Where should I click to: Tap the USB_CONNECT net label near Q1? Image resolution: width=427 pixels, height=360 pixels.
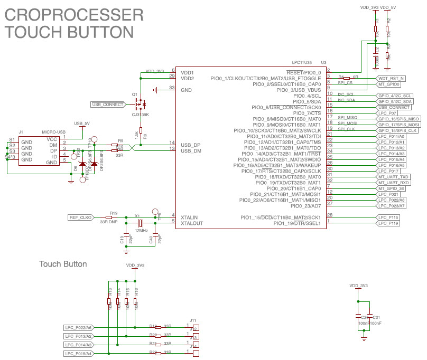pyautogui.click(x=107, y=104)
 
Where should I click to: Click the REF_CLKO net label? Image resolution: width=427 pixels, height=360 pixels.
pyautogui.click(x=81, y=217)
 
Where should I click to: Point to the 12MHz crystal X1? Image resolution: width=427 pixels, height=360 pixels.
pyautogui.click(x=141, y=222)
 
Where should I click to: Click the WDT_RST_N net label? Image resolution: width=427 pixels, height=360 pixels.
pyautogui.click(x=392, y=78)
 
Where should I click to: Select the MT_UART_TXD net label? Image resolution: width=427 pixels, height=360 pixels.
pyautogui.click(x=394, y=176)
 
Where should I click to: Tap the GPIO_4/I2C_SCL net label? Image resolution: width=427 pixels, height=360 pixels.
pyautogui.click(x=395, y=95)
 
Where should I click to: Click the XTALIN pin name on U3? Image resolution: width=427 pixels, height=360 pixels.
pyautogui.click(x=190, y=217)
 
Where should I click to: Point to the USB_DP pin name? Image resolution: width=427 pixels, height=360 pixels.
pyautogui.click(x=190, y=144)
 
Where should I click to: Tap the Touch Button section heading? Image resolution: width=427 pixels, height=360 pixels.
pyautogui.click(x=63, y=263)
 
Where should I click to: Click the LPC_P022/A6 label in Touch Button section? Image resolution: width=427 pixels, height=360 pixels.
pyautogui.click(x=79, y=327)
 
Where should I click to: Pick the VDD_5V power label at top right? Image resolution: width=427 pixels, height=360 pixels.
pyautogui.click(x=388, y=7)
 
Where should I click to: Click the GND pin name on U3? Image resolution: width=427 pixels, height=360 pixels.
pyautogui.click(x=185, y=90)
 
